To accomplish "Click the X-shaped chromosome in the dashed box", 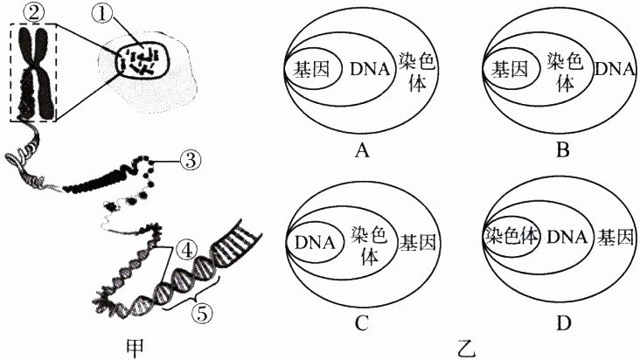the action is [33, 73].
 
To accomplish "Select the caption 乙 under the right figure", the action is [466, 348].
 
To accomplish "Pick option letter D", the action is [564, 323].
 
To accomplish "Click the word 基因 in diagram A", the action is [313, 69].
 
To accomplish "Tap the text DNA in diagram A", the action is [368, 69].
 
